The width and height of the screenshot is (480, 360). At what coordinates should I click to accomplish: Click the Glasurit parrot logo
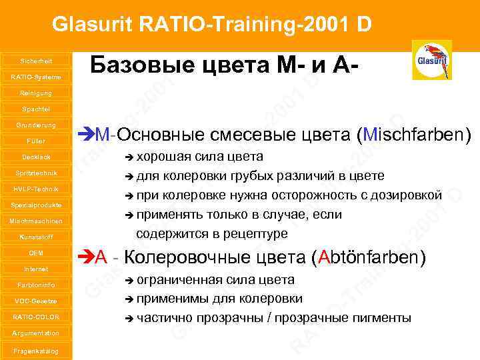(432, 60)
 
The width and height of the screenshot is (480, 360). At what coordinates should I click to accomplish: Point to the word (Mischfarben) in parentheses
(414, 135)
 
